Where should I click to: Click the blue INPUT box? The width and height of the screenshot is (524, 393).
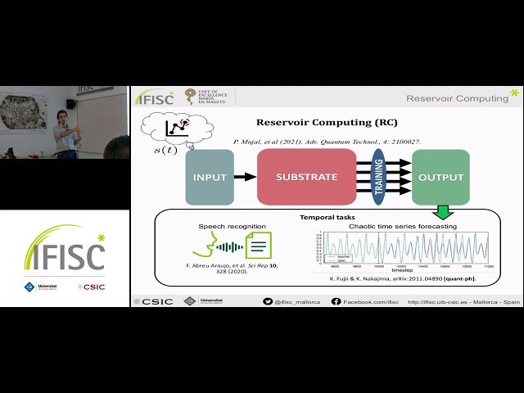[x=210, y=177]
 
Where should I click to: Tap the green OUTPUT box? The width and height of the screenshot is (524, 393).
[x=440, y=177]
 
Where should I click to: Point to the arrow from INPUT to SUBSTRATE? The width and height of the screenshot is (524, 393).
[x=245, y=176]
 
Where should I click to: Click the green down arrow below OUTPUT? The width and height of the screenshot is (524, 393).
[x=443, y=212]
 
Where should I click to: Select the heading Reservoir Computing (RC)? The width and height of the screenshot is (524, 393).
[x=327, y=123]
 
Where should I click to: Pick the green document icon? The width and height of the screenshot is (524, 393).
[x=260, y=245]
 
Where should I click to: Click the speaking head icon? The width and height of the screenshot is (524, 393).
[x=204, y=245]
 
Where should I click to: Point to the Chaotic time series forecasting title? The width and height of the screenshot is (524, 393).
[x=403, y=226]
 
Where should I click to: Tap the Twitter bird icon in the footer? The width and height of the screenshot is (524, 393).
[x=268, y=301]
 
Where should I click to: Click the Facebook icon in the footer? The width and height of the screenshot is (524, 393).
[x=336, y=301]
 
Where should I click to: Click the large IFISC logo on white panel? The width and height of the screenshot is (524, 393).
[x=64, y=251]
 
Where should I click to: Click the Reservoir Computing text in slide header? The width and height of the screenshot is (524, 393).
[x=457, y=98]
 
